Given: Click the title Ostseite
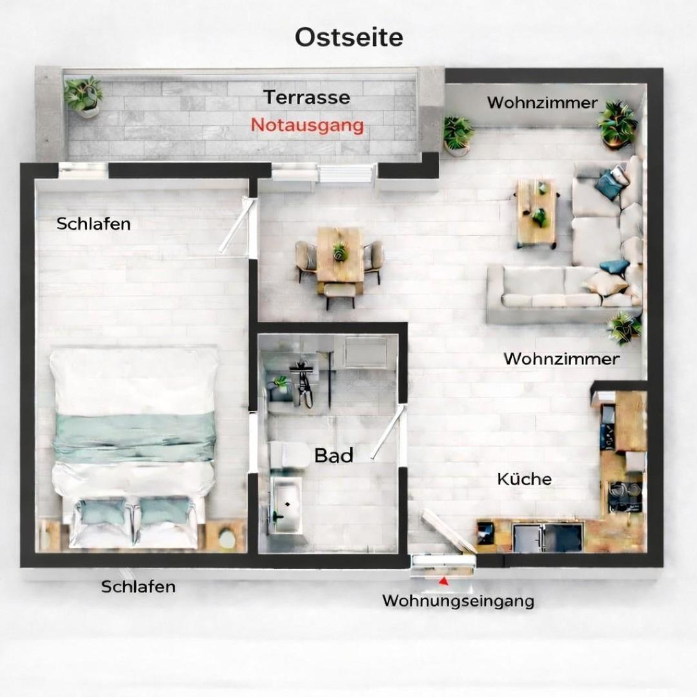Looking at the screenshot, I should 348,37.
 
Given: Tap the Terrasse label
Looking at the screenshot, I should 307,97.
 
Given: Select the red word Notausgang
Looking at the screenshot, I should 307,125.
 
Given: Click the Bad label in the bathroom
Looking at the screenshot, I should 334,456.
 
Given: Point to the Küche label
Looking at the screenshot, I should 524,479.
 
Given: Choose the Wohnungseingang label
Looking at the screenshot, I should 458,601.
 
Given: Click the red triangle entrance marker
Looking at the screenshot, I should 443,581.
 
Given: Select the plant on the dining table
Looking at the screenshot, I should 339,251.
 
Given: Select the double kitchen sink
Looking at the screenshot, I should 547,538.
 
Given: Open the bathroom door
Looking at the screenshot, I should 387,434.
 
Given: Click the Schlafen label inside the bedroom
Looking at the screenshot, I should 94,224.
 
